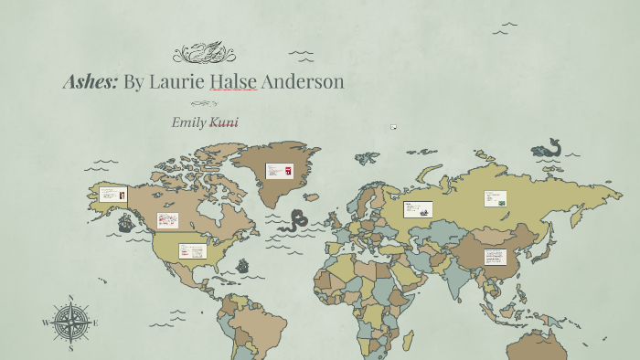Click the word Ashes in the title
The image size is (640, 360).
[x=90, y=81]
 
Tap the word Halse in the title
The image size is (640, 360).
[x=233, y=81]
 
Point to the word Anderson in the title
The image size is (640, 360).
[x=303, y=81]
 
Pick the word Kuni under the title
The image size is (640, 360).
[x=225, y=122]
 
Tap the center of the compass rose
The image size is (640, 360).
[x=70, y=323]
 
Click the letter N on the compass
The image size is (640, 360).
[x=70, y=298]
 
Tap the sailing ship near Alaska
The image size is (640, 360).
[x=125, y=222]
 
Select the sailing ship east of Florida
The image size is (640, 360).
[x=243, y=266]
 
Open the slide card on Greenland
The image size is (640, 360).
[x=280, y=171]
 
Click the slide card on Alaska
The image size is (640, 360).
[x=113, y=195]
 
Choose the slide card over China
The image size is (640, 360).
[x=496, y=257]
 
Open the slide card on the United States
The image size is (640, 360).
[x=191, y=250]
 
